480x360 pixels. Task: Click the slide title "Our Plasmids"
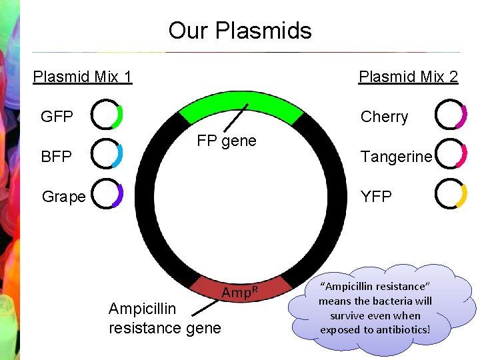point(240,31)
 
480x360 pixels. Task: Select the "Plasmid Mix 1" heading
point(83,77)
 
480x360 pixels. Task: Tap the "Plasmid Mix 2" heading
point(408,77)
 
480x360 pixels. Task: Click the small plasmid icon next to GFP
point(107,115)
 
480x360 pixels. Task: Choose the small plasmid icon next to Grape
point(107,194)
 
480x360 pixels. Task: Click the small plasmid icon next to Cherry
point(451,115)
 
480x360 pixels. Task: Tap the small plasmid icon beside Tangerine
point(451,155)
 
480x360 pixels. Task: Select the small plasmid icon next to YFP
point(451,194)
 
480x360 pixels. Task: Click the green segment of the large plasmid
point(241,106)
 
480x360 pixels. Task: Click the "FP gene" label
point(227,141)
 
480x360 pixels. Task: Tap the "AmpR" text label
point(239,293)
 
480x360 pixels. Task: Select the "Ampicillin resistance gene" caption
point(164,318)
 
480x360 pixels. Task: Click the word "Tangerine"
point(396,157)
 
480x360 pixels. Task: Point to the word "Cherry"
point(384,117)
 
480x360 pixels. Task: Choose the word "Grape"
point(63,197)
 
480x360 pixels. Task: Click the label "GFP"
point(57,117)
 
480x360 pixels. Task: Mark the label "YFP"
point(376,197)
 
